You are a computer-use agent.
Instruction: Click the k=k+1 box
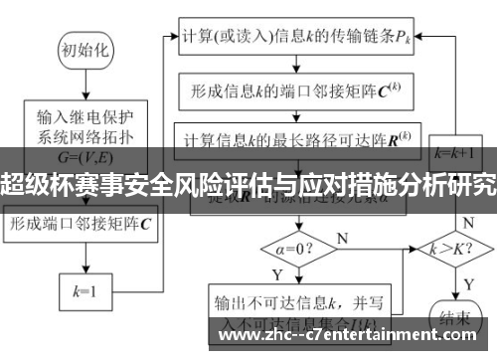(x=454, y=153)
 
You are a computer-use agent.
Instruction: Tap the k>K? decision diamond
(x=453, y=246)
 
